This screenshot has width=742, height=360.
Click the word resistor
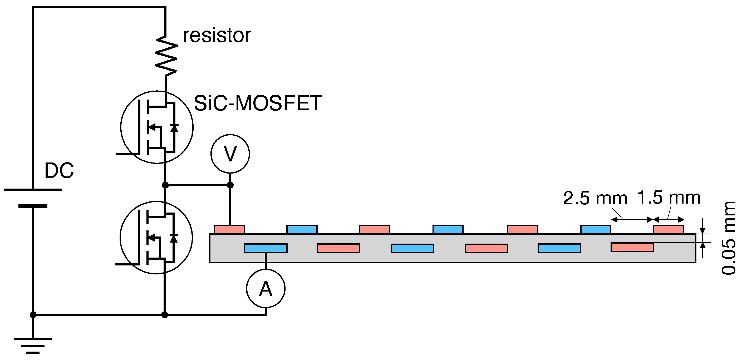217,36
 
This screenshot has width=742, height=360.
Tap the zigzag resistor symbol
166,56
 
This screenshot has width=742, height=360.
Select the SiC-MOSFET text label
258,103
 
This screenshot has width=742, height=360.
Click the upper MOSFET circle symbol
157,127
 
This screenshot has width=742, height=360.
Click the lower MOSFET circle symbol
156,237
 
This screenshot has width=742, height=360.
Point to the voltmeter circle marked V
230,154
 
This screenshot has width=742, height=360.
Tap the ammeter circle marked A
266,289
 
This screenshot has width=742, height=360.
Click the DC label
59,170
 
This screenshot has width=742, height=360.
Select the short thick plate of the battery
33,206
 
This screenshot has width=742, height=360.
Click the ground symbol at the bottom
33,345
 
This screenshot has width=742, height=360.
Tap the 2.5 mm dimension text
595,198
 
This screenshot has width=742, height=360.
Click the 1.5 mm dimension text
669,198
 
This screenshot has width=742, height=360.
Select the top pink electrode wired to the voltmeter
229,230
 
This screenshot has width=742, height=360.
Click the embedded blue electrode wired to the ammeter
266,248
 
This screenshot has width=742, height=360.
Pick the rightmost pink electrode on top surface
669,230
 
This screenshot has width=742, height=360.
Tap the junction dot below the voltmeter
230,185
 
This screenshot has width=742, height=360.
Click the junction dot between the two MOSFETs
165,185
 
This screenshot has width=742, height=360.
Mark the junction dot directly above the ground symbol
33,314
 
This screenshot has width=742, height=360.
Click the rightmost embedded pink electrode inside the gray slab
632,247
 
